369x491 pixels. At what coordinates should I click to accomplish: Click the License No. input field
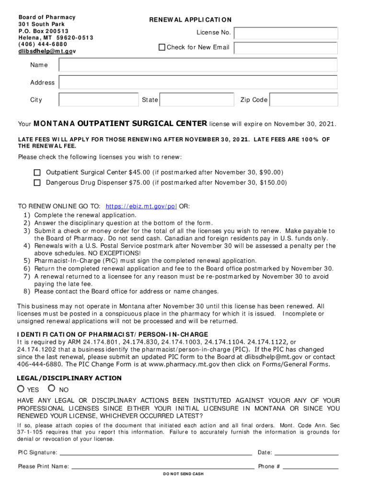286,33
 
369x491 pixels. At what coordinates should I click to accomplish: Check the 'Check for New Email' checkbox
162,47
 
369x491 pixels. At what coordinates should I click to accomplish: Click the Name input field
198,65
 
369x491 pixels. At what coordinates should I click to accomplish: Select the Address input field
198,82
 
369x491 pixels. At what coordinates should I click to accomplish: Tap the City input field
98,100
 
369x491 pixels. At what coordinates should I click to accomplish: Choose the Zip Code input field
303,100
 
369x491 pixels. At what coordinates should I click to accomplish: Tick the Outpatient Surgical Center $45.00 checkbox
37,173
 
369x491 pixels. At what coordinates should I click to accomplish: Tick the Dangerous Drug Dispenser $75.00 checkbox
37,183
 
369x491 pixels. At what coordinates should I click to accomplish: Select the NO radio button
52,389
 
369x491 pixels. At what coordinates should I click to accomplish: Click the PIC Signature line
155,452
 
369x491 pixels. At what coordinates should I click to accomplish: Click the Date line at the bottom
306,452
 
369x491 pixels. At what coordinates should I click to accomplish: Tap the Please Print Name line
162,466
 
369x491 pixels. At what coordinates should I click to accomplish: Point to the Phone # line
311,466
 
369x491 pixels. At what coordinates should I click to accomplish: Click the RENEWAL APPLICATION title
190,20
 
